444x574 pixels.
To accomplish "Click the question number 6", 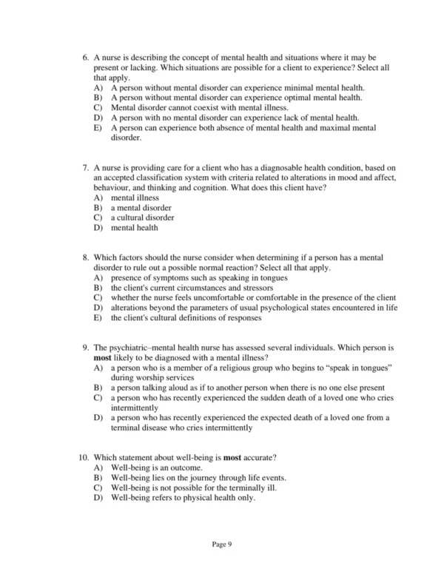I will (85, 57).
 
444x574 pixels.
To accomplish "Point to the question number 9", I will (85, 346).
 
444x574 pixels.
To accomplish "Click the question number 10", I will (83, 456).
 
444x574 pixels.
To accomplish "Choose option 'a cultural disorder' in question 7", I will (142, 217).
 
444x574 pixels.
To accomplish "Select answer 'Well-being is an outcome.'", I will (155, 467).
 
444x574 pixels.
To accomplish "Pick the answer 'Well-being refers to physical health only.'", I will (182, 498).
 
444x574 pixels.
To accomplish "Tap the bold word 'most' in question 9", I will (104, 357).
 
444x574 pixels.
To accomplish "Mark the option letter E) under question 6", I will (98, 128).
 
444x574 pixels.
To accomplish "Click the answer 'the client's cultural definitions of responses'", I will (186, 319).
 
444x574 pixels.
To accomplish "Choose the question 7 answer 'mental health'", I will (134, 228).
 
